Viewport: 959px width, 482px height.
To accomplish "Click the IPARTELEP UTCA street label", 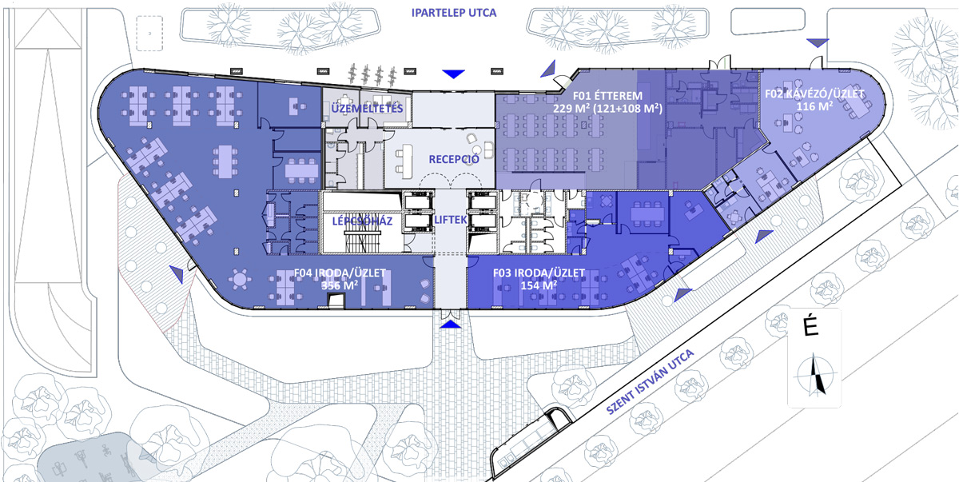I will [452, 13].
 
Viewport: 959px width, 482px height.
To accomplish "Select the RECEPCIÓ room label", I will [453, 159].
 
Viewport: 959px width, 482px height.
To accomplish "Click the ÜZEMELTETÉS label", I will [368, 108].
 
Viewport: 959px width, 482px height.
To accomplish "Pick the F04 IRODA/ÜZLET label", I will [340, 273].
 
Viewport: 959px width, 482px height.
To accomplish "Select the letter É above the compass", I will [814, 328].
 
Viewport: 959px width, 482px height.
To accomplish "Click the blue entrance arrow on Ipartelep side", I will [454, 74].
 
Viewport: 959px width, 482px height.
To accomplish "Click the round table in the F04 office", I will [239, 279].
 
